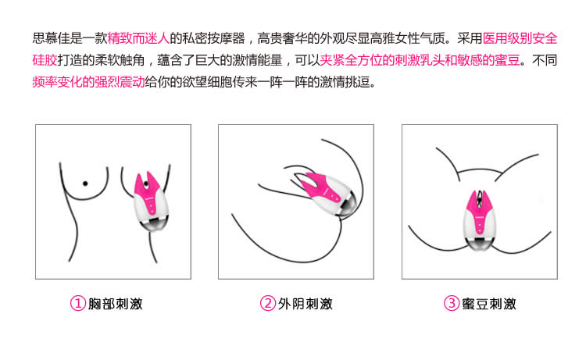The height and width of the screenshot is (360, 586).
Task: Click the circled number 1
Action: click(78, 303)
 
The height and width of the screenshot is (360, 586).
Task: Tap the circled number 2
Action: click(267, 303)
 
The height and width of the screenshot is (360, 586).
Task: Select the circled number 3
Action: click(451, 303)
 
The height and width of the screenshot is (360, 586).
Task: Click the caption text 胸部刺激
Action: click(116, 304)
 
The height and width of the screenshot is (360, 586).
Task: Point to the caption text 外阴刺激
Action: click(306, 304)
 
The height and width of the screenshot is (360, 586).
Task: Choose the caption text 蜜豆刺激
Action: click(489, 304)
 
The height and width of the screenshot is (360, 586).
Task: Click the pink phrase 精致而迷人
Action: click(138, 38)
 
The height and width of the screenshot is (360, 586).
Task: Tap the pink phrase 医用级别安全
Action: click(520, 38)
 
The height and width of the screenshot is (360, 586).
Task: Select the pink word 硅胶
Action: click(45, 60)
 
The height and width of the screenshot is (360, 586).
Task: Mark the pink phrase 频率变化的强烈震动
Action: click(88, 81)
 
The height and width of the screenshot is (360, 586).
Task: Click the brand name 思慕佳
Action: click(52, 38)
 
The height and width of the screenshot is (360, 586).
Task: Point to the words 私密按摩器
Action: click(213, 38)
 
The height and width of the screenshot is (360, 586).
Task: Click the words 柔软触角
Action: click(120, 60)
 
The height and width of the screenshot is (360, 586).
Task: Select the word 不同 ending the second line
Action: click(545, 60)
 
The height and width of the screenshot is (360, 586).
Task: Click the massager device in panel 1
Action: click(152, 201)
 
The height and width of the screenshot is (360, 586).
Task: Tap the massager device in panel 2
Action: click(329, 195)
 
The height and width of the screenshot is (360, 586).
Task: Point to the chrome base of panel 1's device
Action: click(155, 225)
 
